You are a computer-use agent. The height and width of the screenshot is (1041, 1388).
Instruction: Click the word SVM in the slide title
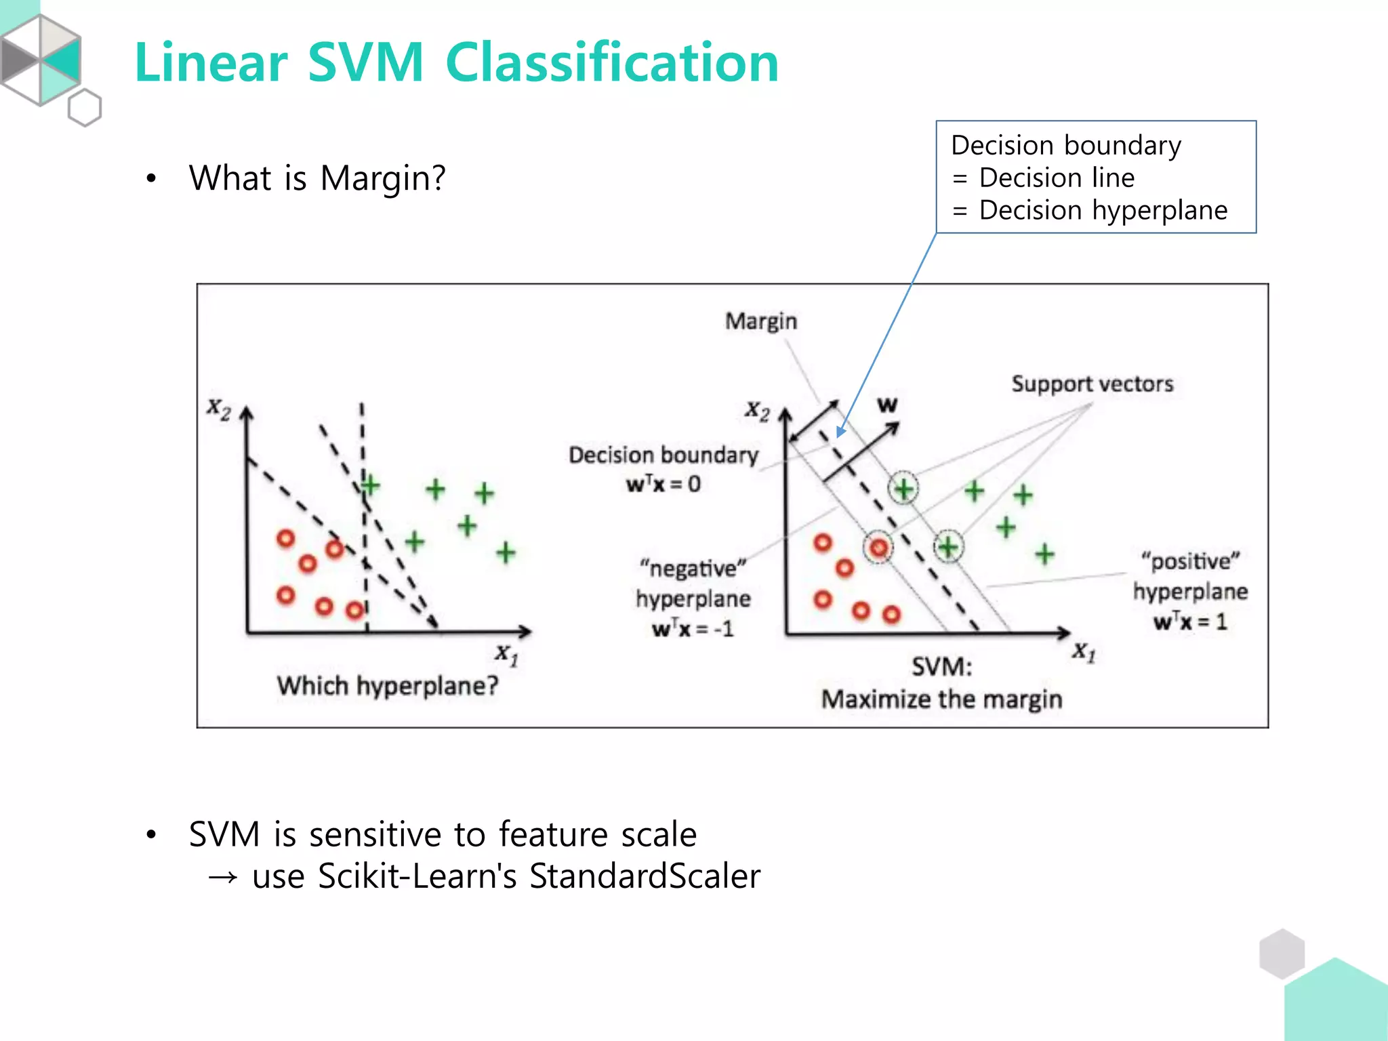[x=366, y=62]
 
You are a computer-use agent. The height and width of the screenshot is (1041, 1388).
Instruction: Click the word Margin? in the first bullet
[x=383, y=179]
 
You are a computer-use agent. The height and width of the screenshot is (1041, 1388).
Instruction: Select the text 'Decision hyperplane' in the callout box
[x=1103, y=210]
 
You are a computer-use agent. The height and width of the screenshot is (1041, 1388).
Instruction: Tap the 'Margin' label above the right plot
[x=760, y=321]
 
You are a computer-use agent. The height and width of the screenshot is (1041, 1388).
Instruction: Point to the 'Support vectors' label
[x=1092, y=384]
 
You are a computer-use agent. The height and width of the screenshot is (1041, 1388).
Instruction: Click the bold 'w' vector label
[x=887, y=405]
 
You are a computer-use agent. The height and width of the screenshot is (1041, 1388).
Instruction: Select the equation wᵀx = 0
[x=663, y=484]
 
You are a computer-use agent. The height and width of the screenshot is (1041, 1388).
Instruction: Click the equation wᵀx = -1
[x=693, y=628]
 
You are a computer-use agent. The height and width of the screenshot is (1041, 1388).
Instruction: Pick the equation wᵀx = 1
[x=1190, y=621]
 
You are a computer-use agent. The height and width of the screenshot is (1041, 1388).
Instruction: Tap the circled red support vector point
[x=878, y=547]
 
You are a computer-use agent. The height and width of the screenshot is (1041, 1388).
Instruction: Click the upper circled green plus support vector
[x=903, y=488]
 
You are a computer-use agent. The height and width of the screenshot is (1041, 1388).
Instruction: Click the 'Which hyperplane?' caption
[x=387, y=686]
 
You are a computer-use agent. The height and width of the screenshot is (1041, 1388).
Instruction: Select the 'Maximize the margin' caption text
[x=941, y=699]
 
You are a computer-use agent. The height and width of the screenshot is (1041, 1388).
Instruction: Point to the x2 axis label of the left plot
[x=218, y=409]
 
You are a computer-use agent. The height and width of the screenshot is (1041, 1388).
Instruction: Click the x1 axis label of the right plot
[x=1083, y=652]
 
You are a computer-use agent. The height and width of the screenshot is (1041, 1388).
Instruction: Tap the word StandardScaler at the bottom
[x=645, y=876]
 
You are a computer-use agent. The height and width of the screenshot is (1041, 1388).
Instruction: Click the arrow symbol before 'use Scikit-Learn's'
[x=223, y=877]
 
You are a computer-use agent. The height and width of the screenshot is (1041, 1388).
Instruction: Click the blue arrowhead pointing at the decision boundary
[x=840, y=432]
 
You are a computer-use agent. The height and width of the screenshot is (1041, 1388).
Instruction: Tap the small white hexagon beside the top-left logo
[x=85, y=108]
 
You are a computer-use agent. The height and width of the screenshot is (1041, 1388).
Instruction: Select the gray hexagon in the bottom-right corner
[x=1282, y=953]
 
